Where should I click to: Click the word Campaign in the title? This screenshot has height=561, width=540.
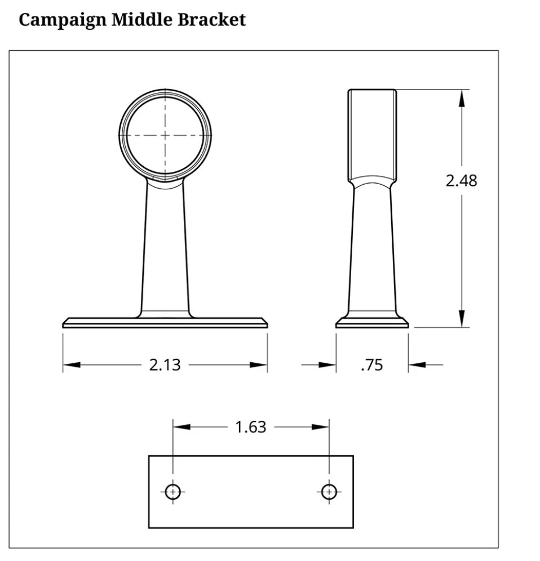[62, 20]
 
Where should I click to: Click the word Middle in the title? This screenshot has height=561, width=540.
[142, 20]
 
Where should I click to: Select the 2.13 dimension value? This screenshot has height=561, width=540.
[165, 365]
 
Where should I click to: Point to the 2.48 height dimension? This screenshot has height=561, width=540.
[461, 181]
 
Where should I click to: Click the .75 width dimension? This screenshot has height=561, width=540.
[372, 365]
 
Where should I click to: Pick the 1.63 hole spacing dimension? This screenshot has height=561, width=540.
[250, 427]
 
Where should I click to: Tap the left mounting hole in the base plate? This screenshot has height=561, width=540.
[173, 492]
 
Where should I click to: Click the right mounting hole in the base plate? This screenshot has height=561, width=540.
[329, 492]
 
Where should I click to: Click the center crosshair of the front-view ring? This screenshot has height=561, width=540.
[165, 135]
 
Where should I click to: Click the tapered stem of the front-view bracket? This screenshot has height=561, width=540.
[165, 248]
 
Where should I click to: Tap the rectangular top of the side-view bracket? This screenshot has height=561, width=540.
[372, 132]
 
